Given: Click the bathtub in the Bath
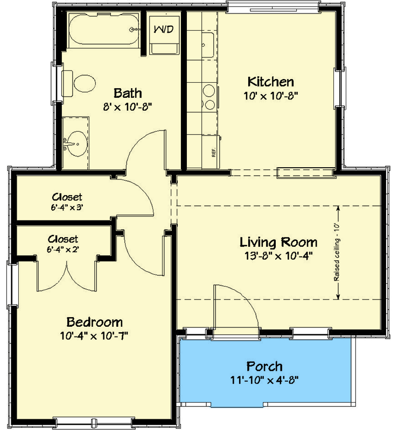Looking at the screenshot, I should click(x=99, y=31).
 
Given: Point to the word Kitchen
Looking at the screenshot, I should click(x=270, y=82).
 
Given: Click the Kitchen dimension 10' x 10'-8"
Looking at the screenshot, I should click(x=270, y=95).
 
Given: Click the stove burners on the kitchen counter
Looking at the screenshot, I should click(x=207, y=97).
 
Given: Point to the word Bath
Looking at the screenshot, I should click(x=127, y=92).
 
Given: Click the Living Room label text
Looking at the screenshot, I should click(x=278, y=242).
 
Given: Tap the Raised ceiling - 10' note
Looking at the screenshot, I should click(x=337, y=252).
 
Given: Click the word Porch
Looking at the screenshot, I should click(x=264, y=367).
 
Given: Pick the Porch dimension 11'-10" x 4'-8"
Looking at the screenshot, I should click(x=264, y=380).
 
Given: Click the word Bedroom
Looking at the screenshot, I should click(x=94, y=322).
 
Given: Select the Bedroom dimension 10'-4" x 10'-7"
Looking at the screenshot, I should click(x=94, y=336).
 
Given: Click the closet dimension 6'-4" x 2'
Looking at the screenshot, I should click(x=63, y=249).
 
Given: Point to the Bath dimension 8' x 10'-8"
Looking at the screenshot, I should click(x=127, y=106).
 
